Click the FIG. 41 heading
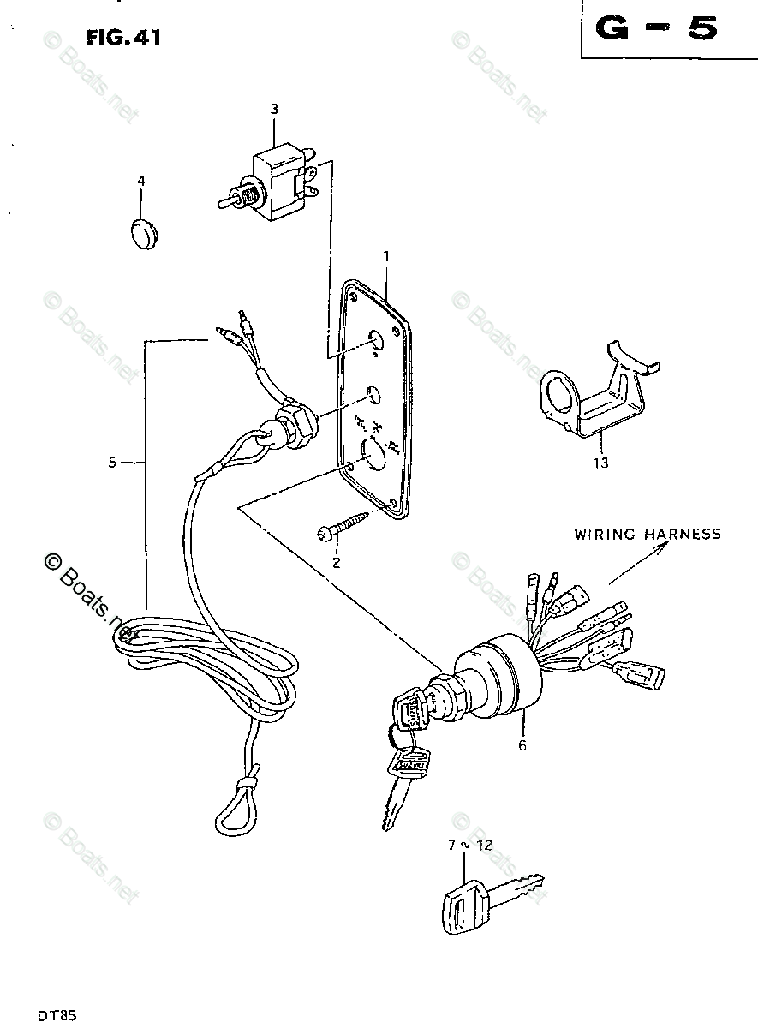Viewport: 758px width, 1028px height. [122, 37]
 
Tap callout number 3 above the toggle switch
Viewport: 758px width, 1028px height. [274, 109]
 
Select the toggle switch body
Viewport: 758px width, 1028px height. [277, 184]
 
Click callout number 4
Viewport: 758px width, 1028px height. [141, 181]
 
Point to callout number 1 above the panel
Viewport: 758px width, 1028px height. [386, 256]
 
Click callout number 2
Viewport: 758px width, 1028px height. [336, 562]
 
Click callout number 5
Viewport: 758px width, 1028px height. [112, 463]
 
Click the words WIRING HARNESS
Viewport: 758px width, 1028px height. [647, 534]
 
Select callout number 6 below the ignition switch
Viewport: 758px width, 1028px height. [522, 745]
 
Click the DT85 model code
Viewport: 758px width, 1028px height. [57, 1016]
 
